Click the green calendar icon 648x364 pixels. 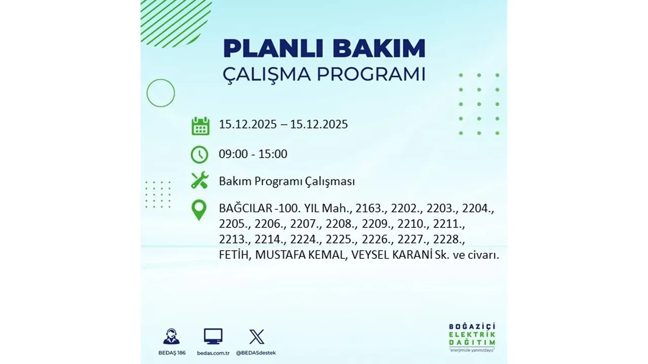200,125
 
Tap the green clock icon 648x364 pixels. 199,155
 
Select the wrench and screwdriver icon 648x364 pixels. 199,180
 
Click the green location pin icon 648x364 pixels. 199,210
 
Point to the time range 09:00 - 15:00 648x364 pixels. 253,154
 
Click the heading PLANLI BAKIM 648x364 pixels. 324,49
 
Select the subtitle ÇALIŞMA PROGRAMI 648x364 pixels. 324,74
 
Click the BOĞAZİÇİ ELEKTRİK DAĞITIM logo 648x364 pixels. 472,336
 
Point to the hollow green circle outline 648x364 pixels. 160,93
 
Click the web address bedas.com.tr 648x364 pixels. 213,352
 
